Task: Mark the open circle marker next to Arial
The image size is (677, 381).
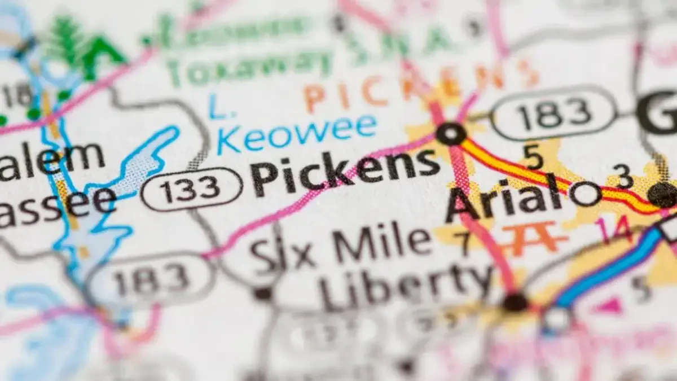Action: coord(585,194)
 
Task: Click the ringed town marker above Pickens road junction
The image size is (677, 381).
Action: coord(451,134)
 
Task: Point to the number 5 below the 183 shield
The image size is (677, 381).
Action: coord(532,156)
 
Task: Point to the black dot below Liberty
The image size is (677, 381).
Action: coord(515,302)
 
